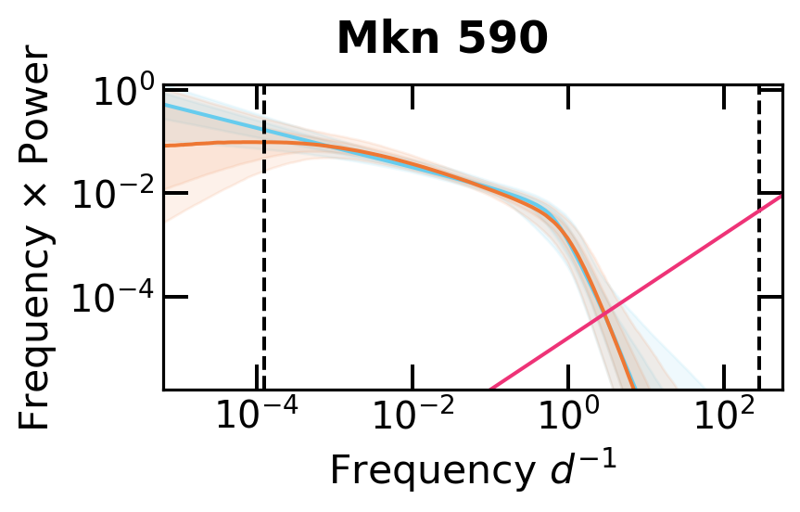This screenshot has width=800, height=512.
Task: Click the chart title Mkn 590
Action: pyautogui.click(x=441, y=39)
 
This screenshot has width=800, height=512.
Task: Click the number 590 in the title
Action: pyautogui.click(x=506, y=39)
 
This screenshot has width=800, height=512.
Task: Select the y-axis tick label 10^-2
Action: pyautogui.click(x=111, y=195)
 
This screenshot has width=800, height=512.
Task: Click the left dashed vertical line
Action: pyautogui.click(x=264, y=278)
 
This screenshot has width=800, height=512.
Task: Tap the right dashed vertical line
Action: pyautogui.click(x=759, y=278)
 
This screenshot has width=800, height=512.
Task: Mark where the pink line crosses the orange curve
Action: pyautogui.click(x=603, y=314)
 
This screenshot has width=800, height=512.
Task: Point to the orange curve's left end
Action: pyautogui.click(x=167, y=146)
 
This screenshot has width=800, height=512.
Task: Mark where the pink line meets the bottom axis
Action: pyautogui.click(x=490, y=388)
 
